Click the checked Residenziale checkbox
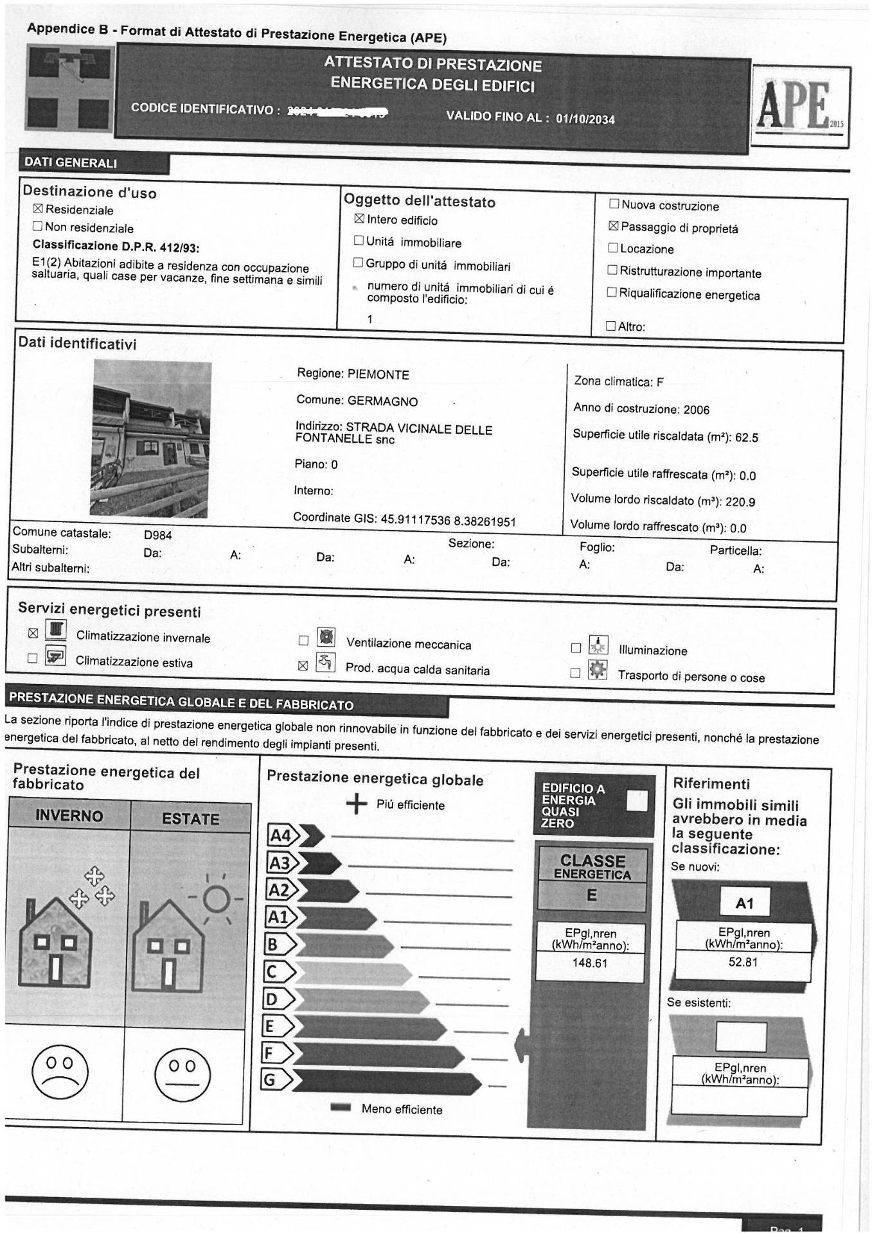pos(38,209)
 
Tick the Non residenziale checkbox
pos(37,226)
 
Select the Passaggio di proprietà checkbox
pos(614,226)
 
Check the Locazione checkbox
pos(612,248)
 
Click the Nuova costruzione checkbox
pos(614,204)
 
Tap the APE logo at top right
pos(801,107)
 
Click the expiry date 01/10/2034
pos(585,119)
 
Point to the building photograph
pos(152,439)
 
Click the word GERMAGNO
pos(382,401)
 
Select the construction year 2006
pos(697,410)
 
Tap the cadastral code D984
pos(158,535)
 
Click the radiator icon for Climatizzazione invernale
pos(57,630)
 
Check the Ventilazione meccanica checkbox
pos(303,640)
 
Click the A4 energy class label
pos(280,835)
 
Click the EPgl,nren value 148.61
pos(589,963)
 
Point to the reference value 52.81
pos(743,962)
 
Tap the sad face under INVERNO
pos(60,1072)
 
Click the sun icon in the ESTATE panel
pos(216,899)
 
